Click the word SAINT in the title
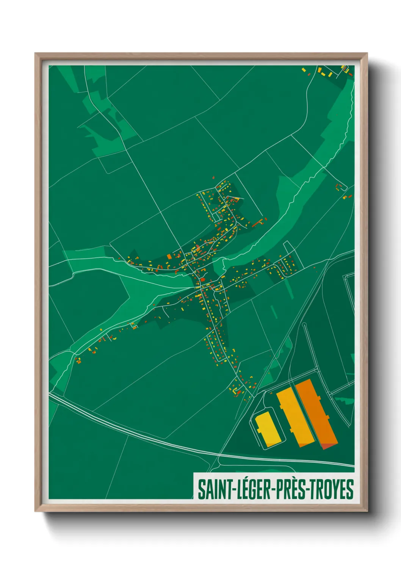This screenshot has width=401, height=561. (x=213, y=489)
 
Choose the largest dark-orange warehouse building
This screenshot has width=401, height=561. (x=316, y=411)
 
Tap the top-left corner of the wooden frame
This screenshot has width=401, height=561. (x=36, y=54)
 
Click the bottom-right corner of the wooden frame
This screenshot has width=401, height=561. (x=367, y=511)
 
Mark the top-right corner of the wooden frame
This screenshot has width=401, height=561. (x=367, y=54)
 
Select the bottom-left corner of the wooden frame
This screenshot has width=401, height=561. (x=36, y=511)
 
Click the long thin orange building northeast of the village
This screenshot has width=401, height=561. (x=258, y=223)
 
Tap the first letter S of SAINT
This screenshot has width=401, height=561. (x=201, y=489)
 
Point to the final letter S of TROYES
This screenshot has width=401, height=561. (x=350, y=489)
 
